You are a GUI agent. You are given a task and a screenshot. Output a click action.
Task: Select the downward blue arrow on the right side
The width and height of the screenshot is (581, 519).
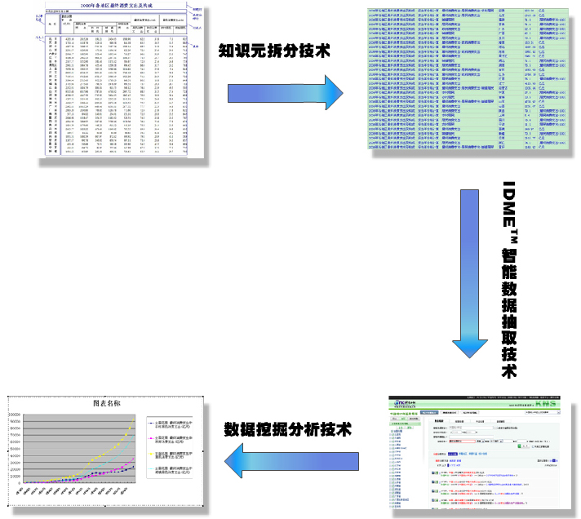[x=476, y=278]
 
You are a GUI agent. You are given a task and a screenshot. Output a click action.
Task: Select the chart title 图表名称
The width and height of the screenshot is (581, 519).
[x=107, y=403]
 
